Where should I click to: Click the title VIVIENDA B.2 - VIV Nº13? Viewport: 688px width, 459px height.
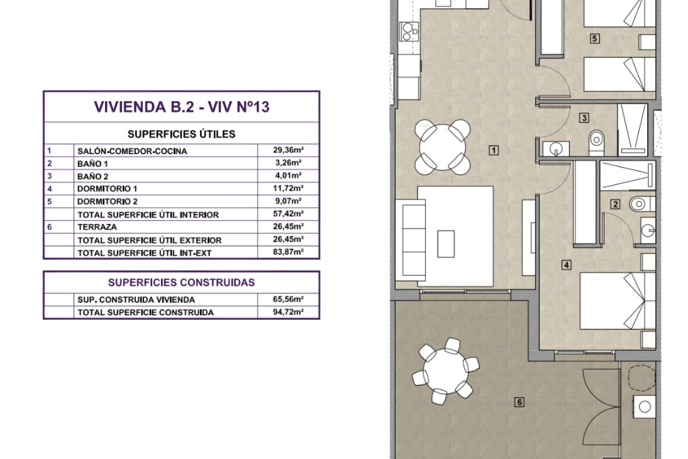[x=181, y=107]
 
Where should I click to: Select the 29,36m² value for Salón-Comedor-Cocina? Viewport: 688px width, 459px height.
[x=288, y=150]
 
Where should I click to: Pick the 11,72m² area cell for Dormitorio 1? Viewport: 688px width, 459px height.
[x=288, y=188]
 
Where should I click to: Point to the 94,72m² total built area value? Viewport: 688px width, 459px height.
[x=288, y=312]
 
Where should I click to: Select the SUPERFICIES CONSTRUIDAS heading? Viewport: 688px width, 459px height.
[x=181, y=283]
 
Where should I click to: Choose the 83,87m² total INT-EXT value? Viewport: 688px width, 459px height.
[x=288, y=252]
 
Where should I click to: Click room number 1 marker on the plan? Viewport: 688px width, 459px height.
[x=494, y=150]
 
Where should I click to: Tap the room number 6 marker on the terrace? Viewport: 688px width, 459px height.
[x=519, y=402]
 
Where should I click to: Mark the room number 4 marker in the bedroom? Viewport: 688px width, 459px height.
[x=566, y=265]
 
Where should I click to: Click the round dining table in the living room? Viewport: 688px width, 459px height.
[x=443, y=147]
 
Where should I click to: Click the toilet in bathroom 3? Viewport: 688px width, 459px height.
[x=596, y=140]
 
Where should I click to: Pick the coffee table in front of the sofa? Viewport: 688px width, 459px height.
[x=446, y=244]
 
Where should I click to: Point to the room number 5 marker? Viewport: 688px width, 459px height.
[x=594, y=38]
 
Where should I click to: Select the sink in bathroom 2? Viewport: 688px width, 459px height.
[x=648, y=230]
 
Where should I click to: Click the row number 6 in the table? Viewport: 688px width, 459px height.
[x=49, y=227]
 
